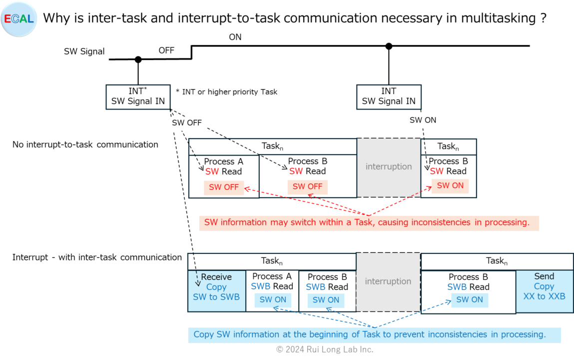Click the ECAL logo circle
18,19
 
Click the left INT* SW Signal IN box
138,96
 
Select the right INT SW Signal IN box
389,96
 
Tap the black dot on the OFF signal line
138,59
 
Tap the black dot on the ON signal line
389,46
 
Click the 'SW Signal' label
84,51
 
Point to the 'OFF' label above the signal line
166,50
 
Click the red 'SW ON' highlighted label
450,185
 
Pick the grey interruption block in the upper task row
389,167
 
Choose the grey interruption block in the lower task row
388,281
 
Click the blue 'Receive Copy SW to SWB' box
216,290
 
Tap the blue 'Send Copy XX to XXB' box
544,290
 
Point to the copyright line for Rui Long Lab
325,349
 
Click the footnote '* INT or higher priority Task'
226,91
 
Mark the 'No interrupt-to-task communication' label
85,144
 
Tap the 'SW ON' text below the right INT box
423,120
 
